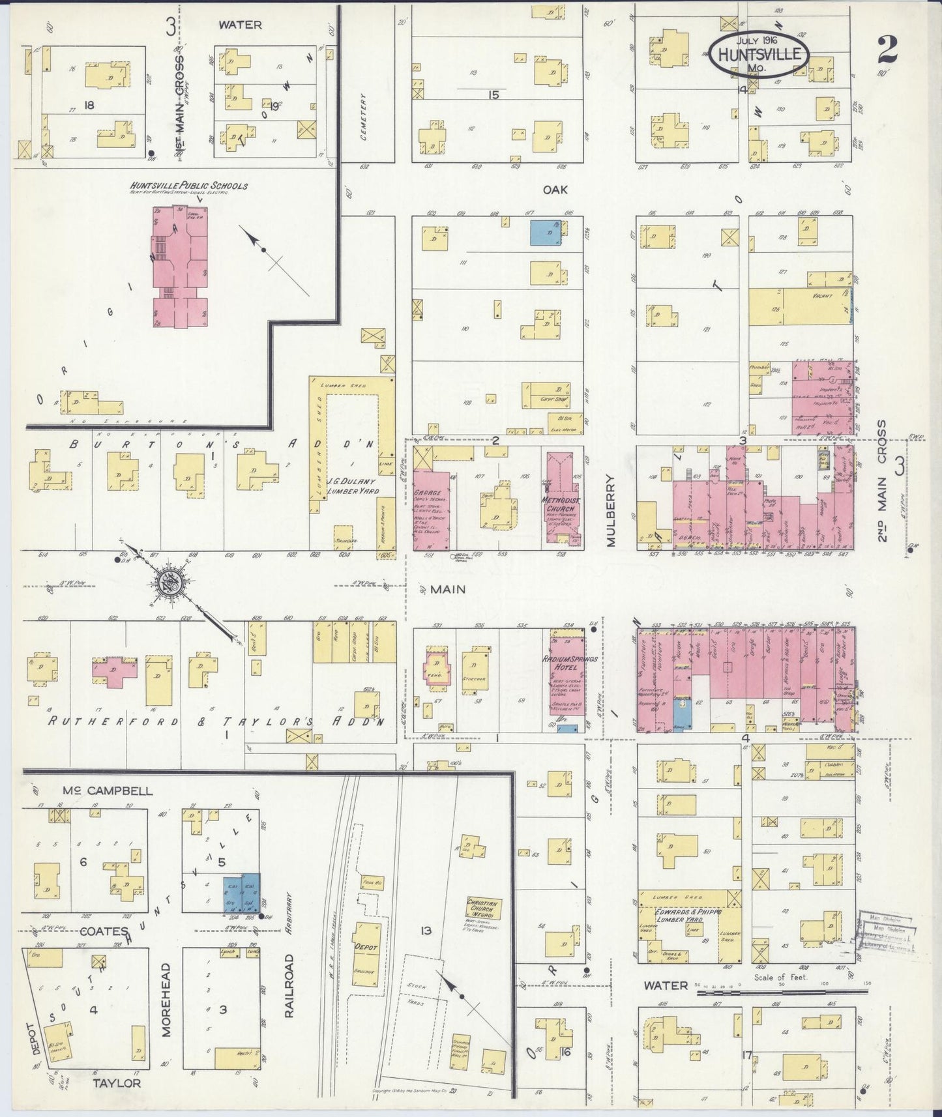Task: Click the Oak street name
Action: coord(555,189)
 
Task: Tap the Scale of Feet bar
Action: coord(782,993)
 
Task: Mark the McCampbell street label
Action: coord(108,791)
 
